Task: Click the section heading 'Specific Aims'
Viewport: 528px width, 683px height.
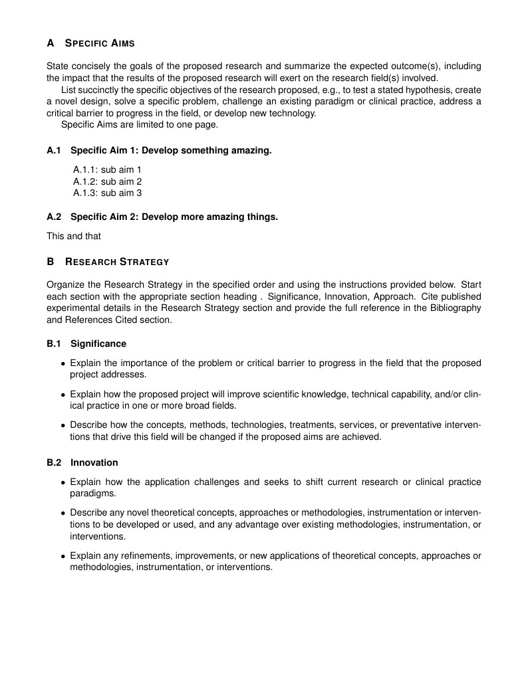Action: tap(100, 43)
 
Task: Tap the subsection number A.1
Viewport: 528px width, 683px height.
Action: tap(54, 151)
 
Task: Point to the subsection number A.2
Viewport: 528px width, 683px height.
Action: tap(54, 217)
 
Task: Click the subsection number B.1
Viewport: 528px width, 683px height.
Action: tap(54, 343)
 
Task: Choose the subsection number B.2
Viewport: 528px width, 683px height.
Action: tap(54, 462)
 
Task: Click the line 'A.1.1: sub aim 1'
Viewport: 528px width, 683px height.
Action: tap(107, 169)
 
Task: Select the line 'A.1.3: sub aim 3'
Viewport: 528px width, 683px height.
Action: tap(107, 193)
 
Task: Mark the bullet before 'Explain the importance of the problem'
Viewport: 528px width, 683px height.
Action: tap(63, 363)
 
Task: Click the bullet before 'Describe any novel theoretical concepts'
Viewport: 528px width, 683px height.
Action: tap(63, 513)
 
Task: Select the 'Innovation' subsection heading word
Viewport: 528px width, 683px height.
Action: tap(94, 462)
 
